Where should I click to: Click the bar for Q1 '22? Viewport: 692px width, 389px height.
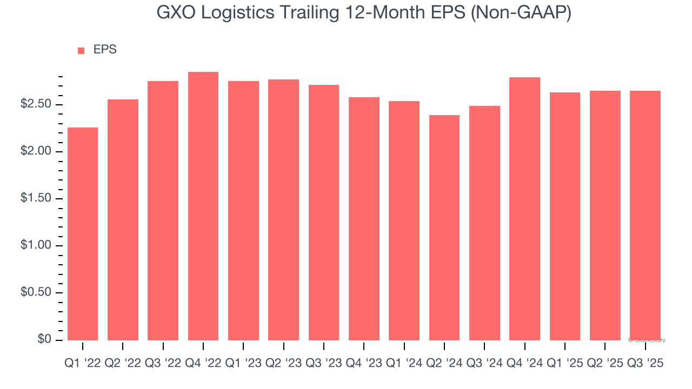83,233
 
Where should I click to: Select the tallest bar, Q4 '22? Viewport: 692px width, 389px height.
203,206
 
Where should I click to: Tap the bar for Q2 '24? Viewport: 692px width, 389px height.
444,227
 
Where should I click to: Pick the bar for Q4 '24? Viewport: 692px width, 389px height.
524,209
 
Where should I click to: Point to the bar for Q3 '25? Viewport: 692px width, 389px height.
645,215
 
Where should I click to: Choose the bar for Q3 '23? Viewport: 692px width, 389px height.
324,212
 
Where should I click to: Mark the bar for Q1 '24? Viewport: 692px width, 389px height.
404,220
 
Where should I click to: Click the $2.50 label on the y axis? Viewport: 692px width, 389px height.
37,104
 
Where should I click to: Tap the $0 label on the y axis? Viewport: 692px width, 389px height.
44,339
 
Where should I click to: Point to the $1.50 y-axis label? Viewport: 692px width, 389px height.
37,198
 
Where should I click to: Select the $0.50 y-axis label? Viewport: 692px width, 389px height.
37,292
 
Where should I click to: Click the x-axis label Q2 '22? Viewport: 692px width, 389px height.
123,364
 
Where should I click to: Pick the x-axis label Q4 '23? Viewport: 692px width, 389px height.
364,364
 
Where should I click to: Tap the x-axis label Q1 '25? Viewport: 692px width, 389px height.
564,364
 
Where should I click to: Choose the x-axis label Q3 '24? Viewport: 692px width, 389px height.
484,364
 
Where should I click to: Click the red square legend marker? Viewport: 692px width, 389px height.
81,50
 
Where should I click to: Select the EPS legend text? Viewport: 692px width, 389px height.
105,50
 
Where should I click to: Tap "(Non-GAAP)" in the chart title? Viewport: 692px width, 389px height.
522,12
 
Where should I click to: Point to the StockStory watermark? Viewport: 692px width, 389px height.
647,340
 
